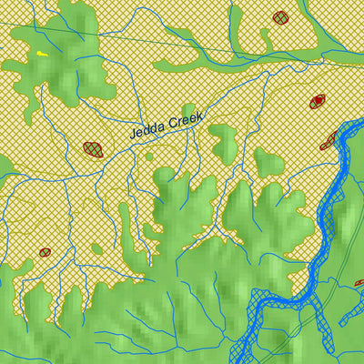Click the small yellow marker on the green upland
[42, 56]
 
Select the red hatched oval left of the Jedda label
[92, 147]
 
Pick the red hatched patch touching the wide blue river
[329, 139]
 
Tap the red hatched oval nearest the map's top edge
[280, 16]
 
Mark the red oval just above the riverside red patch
[318, 100]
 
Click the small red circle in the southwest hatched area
[44, 252]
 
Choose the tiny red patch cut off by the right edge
[359, 283]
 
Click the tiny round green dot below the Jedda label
[149, 157]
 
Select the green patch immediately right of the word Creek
[224, 141]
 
